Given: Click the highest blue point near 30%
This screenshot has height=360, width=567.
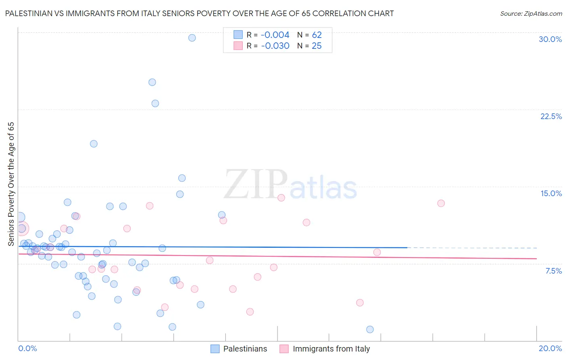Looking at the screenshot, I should coord(192,38).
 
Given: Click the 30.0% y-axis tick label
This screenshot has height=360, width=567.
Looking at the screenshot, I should coord(550,39).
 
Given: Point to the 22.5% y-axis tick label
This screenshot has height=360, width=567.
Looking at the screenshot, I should coord(551,116).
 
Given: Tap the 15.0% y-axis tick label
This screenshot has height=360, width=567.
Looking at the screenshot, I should coord(551,193).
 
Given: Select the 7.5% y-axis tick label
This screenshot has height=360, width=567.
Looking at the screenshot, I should coord(553,271).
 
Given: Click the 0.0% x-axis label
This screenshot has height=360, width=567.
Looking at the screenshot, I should coord(27,348).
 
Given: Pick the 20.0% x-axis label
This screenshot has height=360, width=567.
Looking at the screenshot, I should coord(550,348).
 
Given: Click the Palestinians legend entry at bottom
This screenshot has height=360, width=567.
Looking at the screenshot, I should coord(245,349).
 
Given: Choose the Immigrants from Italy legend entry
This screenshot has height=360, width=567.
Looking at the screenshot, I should coord(331,349).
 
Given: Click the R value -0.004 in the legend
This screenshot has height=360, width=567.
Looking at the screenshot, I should coord(275,35).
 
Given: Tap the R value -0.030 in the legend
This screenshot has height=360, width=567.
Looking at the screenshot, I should coord(275,46).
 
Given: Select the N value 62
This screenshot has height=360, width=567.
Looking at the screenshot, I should coord(317,35).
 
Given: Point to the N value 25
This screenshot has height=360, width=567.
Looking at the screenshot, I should coord(317,46).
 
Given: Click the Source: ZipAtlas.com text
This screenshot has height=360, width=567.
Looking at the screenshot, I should coord(531,14).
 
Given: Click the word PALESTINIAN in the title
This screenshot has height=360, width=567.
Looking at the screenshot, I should coord(29,13).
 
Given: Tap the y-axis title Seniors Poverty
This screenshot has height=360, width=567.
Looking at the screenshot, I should coord(11,184).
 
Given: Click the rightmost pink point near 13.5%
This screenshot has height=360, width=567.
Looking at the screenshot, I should coord(441,203).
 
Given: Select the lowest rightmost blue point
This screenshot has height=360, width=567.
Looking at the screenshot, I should coord(370,329).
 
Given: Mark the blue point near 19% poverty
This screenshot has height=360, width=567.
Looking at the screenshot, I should coord(94,144).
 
